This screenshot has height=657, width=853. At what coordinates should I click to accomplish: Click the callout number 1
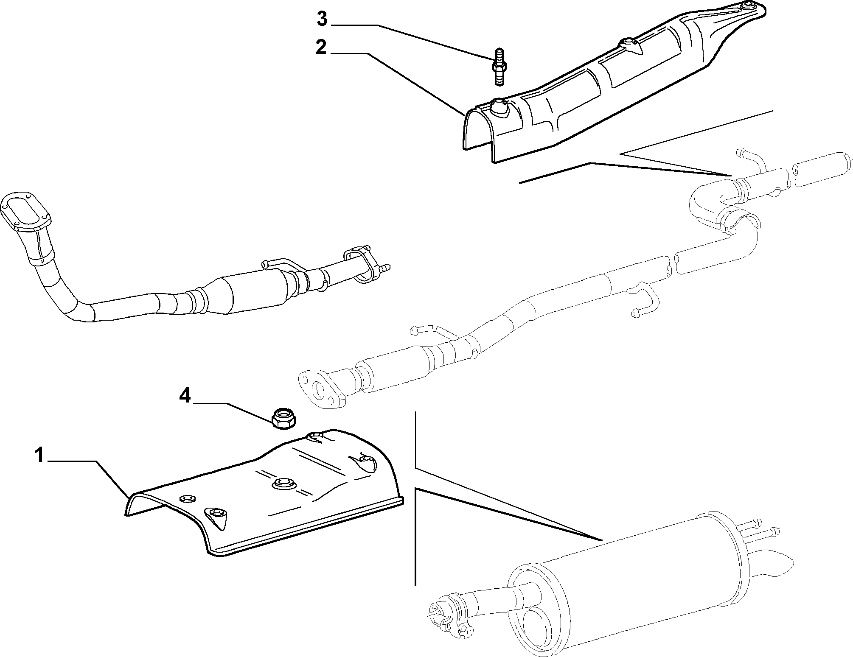(x=39, y=456)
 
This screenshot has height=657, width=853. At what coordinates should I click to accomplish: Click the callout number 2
(x=321, y=48)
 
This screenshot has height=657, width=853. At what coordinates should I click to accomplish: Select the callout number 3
(x=323, y=19)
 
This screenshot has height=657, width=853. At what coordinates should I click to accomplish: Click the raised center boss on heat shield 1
(x=284, y=483)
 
